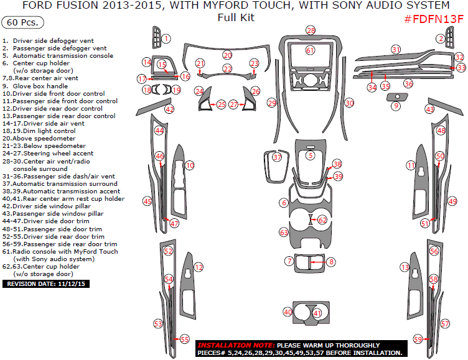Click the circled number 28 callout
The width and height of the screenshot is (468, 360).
coord(311,30)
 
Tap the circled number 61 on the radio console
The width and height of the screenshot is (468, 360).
coord(310,50)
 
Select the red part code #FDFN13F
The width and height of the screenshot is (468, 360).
coord(434,19)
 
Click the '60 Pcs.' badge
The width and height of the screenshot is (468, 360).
coord(23,22)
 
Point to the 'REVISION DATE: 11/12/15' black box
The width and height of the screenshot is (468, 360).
coord(46,284)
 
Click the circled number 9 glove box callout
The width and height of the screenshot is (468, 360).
coord(396,106)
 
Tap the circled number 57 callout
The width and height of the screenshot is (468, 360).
coord(444,323)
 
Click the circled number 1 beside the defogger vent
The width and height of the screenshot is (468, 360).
coord(166,39)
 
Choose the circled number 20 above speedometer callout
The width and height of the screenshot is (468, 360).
coord(227,55)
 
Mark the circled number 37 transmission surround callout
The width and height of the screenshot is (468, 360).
coord(277,158)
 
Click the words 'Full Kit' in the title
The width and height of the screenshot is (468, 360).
coord(236,17)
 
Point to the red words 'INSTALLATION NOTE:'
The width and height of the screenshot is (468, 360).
coord(235,344)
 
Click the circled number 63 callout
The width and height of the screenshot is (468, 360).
coord(284,232)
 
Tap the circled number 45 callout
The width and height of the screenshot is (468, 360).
coord(147,201)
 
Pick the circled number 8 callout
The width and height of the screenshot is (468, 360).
coord(331,262)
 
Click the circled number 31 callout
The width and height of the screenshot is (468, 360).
coord(396,49)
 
